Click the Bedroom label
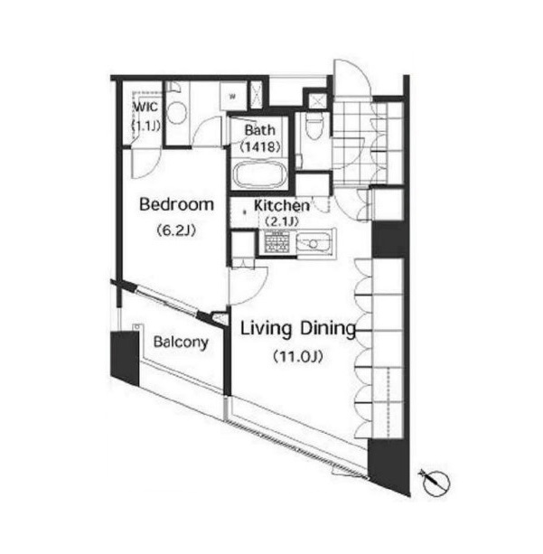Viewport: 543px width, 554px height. point(177,204)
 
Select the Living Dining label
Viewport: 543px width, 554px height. point(298,329)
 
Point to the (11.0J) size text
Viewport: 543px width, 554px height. point(298,356)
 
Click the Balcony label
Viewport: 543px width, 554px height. point(181,342)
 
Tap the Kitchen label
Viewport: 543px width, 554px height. point(282,205)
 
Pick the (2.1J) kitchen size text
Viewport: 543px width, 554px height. point(282,221)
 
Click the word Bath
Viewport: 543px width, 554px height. point(259,130)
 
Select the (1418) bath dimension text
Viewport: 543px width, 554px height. point(260,146)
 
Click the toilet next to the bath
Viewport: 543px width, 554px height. point(314,127)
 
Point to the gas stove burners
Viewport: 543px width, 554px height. point(277,241)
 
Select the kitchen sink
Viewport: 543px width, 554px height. point(313,242)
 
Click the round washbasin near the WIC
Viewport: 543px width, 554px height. point(176,113)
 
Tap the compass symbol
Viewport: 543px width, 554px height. point(435,481)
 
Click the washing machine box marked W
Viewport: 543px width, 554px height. point(232,96)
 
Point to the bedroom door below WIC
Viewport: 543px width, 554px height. point(145,164)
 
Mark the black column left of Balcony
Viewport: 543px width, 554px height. point(125,358)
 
